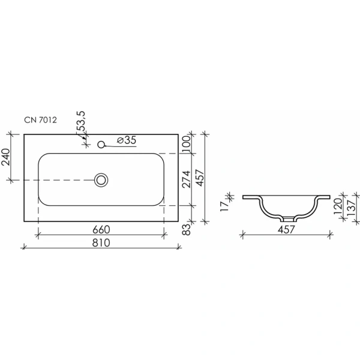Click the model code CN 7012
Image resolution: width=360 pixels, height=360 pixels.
click(41, 120)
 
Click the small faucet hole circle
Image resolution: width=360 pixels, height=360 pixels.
click(101, 143)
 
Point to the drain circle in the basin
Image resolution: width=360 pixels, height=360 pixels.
click(101, 179)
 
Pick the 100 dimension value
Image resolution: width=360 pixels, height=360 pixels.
click(186, 143)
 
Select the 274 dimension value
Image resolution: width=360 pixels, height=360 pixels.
click(186, 179)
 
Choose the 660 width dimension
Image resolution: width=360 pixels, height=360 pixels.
click(101, 229)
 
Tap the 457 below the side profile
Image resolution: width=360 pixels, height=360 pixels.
click(286, 229)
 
